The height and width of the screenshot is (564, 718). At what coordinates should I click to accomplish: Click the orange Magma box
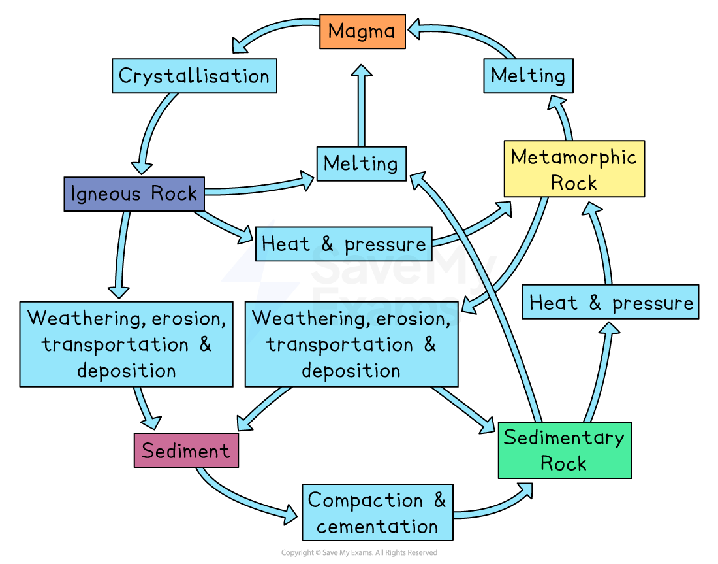pos(362,31)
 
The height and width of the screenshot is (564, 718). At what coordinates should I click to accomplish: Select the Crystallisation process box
pos(194,76)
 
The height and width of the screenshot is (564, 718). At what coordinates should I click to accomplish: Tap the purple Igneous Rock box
pos(134,194)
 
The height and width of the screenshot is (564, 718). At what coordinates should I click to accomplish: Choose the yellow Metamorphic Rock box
pos(574,169)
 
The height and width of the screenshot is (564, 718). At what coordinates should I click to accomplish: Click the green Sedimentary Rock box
pos(565,450)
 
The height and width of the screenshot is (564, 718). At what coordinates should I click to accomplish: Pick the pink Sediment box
pos(186,451)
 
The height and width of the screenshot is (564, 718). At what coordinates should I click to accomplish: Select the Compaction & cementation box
pos(377,513)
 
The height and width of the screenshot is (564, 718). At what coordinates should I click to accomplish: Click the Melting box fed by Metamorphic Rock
pos(528,76)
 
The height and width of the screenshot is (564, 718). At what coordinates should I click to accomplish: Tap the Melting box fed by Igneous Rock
pos(361,163)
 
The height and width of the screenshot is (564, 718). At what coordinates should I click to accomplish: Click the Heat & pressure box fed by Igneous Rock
pos(343,244)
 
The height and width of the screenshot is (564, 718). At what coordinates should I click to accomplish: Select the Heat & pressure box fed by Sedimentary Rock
pos(610,303)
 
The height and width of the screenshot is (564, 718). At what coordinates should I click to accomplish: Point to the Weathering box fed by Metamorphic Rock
pos(351,344)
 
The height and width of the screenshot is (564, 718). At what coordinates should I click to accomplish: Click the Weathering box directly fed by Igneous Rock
pos(126,344)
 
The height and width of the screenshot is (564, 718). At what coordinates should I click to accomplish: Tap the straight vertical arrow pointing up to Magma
pos(361,105)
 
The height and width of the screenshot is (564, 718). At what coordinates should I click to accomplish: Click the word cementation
pos(377,527)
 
